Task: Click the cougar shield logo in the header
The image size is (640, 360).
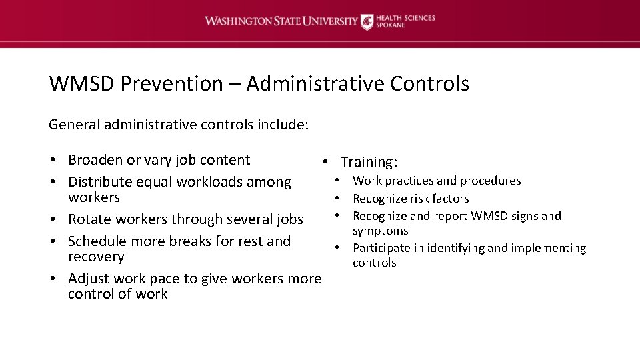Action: point(367,22)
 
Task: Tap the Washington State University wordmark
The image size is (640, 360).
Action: point(281,21)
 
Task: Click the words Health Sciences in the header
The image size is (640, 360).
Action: point(406,17)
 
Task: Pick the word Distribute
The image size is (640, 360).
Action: point(100,182)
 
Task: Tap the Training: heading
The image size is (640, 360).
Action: point(369,162)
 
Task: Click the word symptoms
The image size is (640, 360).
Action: point(380,231)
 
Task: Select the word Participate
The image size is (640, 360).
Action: point(381,248)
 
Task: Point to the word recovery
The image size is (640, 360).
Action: point(96,257)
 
